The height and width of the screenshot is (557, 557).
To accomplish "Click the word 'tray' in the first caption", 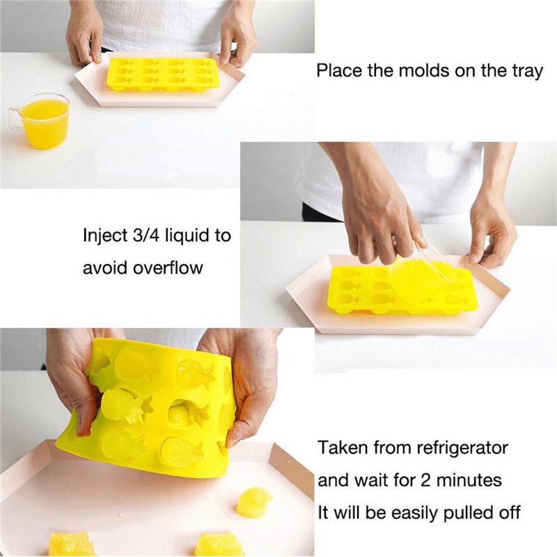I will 526,70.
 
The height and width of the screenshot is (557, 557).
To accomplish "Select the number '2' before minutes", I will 439,480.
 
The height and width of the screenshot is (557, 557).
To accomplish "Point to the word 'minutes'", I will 475,480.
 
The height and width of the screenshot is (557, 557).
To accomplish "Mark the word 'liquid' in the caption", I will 185,235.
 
